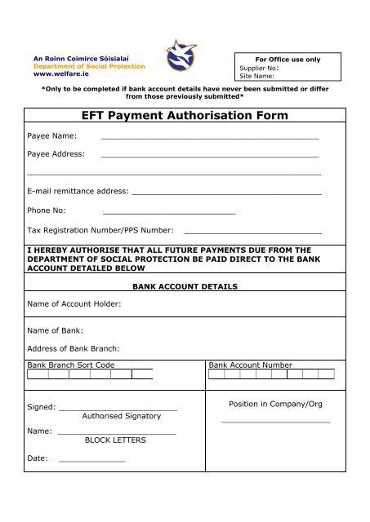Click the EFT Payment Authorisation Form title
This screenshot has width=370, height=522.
[185, 116]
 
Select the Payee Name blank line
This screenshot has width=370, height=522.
[209, 139]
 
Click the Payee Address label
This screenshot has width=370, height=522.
[56, 153]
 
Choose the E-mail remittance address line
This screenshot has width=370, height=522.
[226, 193]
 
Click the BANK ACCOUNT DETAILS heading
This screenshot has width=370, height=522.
[185, 287]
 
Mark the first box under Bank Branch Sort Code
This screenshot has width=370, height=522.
[37, 375]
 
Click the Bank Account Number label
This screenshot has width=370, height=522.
[251, 365]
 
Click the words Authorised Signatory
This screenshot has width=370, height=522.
[122, 416]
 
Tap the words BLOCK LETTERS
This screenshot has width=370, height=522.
[116, 440]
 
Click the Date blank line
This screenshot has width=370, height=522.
[91, 462]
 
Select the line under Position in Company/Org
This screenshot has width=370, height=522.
[276, 422]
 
